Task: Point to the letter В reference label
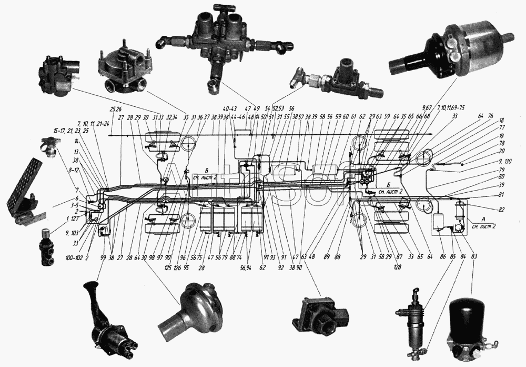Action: click(x=207, y=170)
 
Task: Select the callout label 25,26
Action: click(x=116, y=109)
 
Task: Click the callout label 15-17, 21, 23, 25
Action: click(x=70, y=130)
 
